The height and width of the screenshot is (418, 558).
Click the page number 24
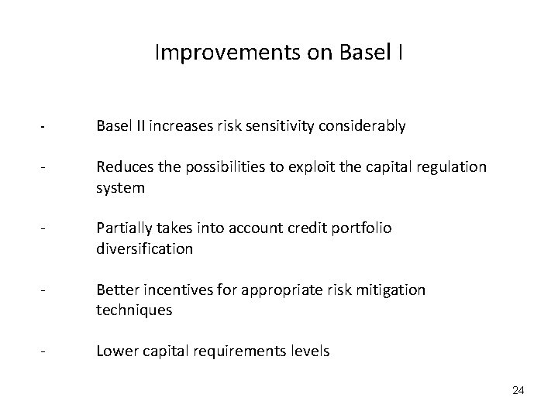point(518,391)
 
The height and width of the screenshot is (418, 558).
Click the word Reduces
point(122,167)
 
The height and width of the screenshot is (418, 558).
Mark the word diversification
point(144,249)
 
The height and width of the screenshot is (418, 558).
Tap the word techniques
point(134,310)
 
